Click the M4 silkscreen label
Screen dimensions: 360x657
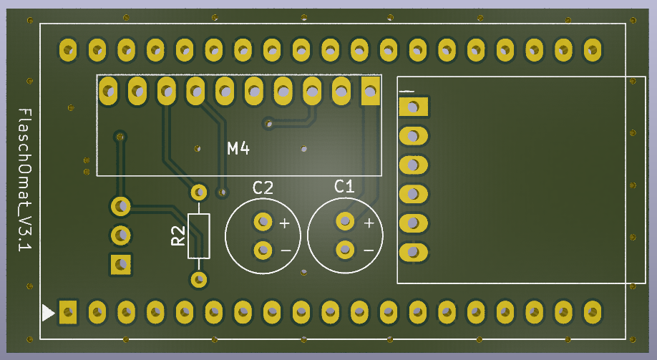point(238,149)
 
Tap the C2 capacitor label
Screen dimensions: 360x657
point(263,188)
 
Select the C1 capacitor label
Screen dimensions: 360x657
point(344,187)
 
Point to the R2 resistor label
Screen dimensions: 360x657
point(178,236)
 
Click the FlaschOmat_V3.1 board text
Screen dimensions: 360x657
point(24,180)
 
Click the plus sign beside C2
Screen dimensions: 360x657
point(284,223)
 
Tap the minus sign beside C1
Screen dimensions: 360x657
point(368,250)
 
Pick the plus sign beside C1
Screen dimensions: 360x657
point(369,223)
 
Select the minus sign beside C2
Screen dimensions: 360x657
point(285,250)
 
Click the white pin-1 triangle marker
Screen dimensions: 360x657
point(48,313)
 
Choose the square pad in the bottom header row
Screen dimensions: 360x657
point(67,312)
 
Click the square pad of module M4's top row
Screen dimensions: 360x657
point(370,92)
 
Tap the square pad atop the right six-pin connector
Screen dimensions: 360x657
point(413,107)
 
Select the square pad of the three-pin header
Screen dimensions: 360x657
point(120,264)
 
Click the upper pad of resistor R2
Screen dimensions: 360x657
point(199,193)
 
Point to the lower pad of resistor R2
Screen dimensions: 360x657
point(199,278)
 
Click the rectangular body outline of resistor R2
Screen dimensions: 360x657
point(199,235)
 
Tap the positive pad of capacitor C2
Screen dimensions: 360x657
point(263,222)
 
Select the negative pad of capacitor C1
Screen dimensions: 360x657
point(345,250)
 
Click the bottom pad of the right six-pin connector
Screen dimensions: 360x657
point(413,252)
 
